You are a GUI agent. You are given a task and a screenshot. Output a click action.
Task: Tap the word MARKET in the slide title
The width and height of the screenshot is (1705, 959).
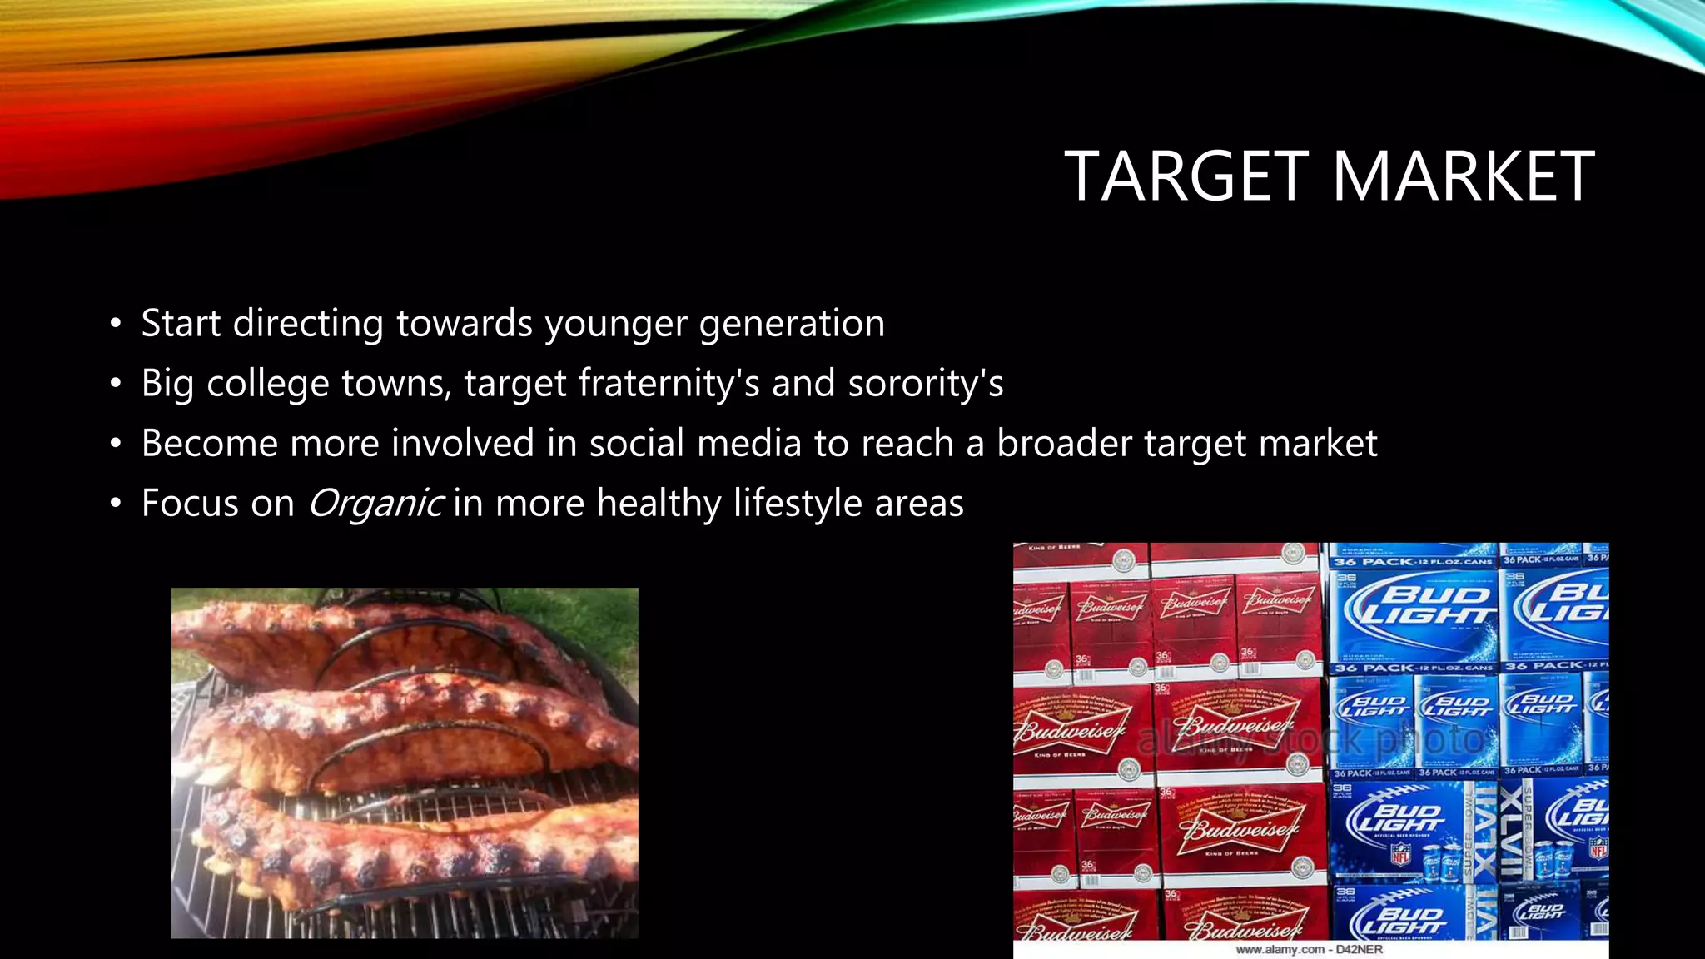pyautogui.click(x=1463, y=176)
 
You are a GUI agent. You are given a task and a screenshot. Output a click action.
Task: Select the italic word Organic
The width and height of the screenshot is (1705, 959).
pyautogui.click(x=375, y=504)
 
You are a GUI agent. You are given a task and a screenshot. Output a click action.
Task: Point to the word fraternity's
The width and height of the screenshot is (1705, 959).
pyautogui.click(x=669, y=384)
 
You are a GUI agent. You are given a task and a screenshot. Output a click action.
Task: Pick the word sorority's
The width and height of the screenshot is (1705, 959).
pyautogui.click(x=925, y=384)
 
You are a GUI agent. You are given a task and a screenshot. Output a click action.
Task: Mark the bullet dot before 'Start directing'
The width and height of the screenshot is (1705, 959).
pyautogui.click(x=116, y=324)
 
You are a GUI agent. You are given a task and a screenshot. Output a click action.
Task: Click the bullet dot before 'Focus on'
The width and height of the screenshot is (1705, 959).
pyautogui.click(x=116, y=504)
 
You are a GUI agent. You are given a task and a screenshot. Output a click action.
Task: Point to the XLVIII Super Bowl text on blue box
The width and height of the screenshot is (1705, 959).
pyautogui.click(x=1511, y=832)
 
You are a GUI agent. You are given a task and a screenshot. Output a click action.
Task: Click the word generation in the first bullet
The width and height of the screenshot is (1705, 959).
pyautogui.click(x=792, y=324)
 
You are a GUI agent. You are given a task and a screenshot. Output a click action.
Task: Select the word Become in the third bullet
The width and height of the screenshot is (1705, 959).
pyautogui.click(x=209, y=443)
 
